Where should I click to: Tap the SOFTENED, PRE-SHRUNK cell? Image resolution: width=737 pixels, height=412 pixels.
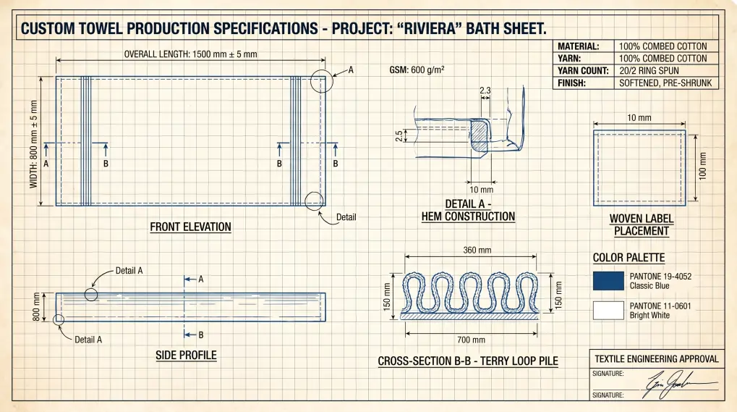tap(665, 83)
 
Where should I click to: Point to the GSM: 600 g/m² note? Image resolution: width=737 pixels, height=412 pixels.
tap(417, 70)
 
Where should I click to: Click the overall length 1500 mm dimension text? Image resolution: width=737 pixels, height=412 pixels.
tap(190, 54)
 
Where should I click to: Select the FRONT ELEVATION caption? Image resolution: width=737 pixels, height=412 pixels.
tap(190, 227)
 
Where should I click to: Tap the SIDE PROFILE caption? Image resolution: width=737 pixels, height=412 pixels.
tap(186, 356)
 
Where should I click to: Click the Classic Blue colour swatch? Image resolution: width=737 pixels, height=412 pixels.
tap(608, 281)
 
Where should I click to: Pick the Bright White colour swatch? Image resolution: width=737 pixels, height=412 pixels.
tap(608, 311)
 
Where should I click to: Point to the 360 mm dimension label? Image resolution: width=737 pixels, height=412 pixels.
tap(477, 251)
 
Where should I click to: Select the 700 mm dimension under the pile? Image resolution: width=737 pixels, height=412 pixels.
tap(471, 340)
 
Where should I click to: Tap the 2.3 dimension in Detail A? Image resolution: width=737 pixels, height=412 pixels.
tap(485, 91)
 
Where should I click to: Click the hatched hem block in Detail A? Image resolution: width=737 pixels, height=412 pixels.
tap(479, 135)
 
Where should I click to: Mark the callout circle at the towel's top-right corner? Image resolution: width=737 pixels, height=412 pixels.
tap(322, 81)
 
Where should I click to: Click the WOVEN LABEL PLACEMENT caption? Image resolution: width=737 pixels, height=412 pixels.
tap(641, 224)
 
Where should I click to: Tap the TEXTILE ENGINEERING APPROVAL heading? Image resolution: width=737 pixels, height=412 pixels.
tap(656, 359)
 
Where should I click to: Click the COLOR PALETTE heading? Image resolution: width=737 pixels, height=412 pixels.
tap(628, 258)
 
